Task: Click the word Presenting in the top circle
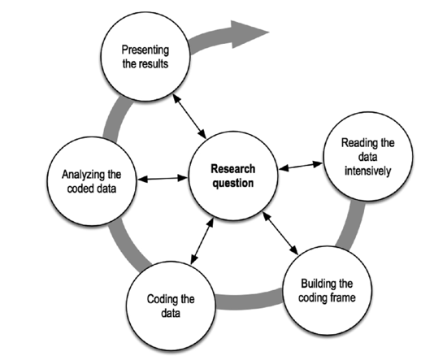tap(145, 50)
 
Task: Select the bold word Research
tap(233, 169)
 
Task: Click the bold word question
tap(233, 183)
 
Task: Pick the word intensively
tap(367, 171)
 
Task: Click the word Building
tap(317, 284)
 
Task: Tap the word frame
tap(344, 297)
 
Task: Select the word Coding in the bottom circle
tap(158, 299)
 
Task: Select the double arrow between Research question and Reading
tap(301, 166)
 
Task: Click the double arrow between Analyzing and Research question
tap(163, 179)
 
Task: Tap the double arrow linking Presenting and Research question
tap(189, 116)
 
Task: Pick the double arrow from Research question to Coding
tap(202, 241)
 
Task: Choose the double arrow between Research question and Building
tap(280, 233)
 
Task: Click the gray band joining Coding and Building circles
tap(249, 301)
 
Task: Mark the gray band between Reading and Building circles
tap(351, 225)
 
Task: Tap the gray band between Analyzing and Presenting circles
tap(114, 119)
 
